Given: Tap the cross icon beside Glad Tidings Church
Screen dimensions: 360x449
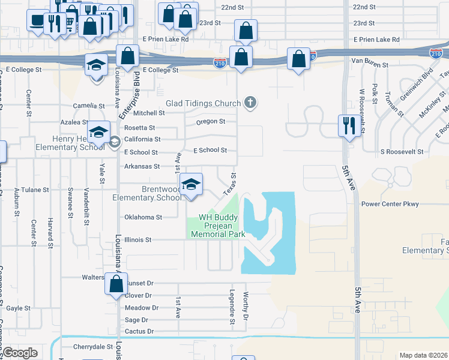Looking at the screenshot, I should pos(251,103).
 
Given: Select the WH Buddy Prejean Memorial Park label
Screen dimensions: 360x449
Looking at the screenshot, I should pos(218,226).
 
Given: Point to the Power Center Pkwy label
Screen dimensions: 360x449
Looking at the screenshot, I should pos(390,204).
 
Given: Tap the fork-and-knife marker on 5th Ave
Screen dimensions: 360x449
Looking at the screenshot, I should pos(349,125).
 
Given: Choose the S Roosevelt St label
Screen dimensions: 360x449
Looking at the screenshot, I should pos(402,152).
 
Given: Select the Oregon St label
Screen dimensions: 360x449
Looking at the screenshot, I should pos(210,121).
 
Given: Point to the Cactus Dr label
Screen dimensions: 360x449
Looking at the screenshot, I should pos(139,331).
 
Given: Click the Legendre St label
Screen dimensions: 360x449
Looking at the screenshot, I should pos(232,310).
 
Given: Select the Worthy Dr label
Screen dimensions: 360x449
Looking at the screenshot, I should pos(246,306).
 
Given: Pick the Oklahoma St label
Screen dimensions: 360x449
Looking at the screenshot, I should pos(143,217).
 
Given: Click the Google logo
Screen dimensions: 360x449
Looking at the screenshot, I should pos(20,353).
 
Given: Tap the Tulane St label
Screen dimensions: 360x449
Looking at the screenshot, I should pos(35,190).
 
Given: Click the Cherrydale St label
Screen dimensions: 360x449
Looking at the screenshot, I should pos(93,347).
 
